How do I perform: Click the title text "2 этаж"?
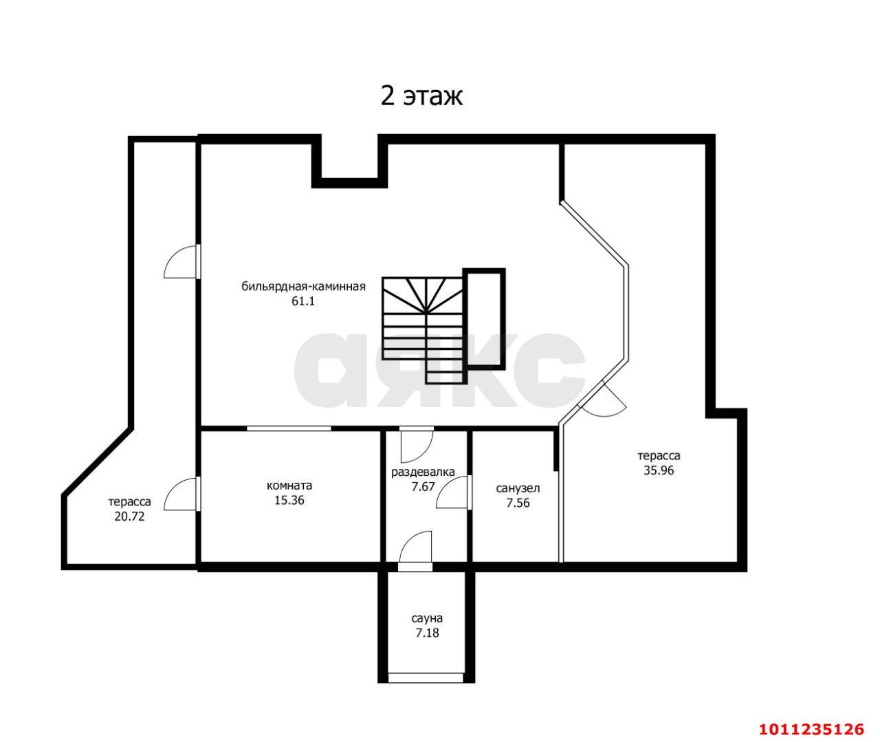click(421, 96)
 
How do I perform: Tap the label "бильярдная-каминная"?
click(303, 287)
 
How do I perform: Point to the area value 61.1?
click(302, 301)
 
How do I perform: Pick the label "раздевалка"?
click(423, 472)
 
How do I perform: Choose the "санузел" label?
click(518, 488)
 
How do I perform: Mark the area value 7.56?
click(518, 503)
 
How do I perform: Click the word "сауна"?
click(427, 618)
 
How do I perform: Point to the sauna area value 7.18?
click(427, 633)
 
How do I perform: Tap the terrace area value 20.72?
click(129, 516)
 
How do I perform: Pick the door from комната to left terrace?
click(181, 494)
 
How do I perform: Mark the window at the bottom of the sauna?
click(426, 678)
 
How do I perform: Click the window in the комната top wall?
click(289, 428)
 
